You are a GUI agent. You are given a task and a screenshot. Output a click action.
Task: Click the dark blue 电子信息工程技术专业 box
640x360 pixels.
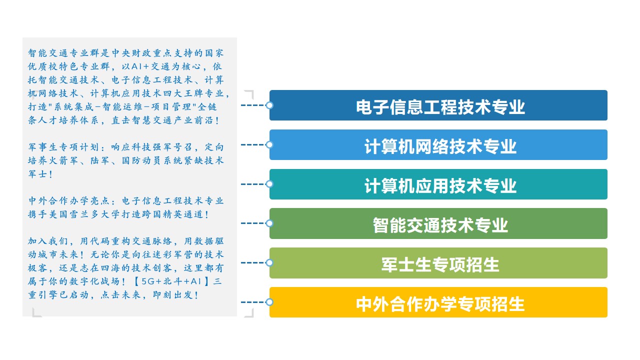438,105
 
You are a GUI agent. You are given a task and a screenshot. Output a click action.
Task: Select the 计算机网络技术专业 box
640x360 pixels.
438,144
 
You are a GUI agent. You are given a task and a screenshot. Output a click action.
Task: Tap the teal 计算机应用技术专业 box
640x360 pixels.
438,184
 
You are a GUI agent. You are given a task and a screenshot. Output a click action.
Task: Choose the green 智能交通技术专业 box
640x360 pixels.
438,223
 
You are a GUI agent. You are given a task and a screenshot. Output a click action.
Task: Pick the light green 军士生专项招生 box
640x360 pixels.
438,263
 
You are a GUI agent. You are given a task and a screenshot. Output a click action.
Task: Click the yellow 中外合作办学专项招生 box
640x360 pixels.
438,302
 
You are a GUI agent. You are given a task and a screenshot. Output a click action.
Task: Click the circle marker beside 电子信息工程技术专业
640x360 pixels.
269,105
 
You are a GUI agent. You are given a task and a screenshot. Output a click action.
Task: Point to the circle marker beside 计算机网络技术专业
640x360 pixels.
269,145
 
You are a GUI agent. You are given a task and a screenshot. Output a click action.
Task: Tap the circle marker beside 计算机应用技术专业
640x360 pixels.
269,184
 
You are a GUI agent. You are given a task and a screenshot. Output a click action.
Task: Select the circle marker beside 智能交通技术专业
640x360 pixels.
269,223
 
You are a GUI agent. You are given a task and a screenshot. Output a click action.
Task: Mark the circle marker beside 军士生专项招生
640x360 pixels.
269,263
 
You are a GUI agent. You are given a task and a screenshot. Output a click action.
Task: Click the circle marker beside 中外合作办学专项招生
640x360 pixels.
269,302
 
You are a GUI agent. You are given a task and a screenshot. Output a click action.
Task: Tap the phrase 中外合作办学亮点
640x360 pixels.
68,201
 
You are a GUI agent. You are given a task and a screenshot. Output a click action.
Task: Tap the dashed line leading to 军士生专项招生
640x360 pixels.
253,263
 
